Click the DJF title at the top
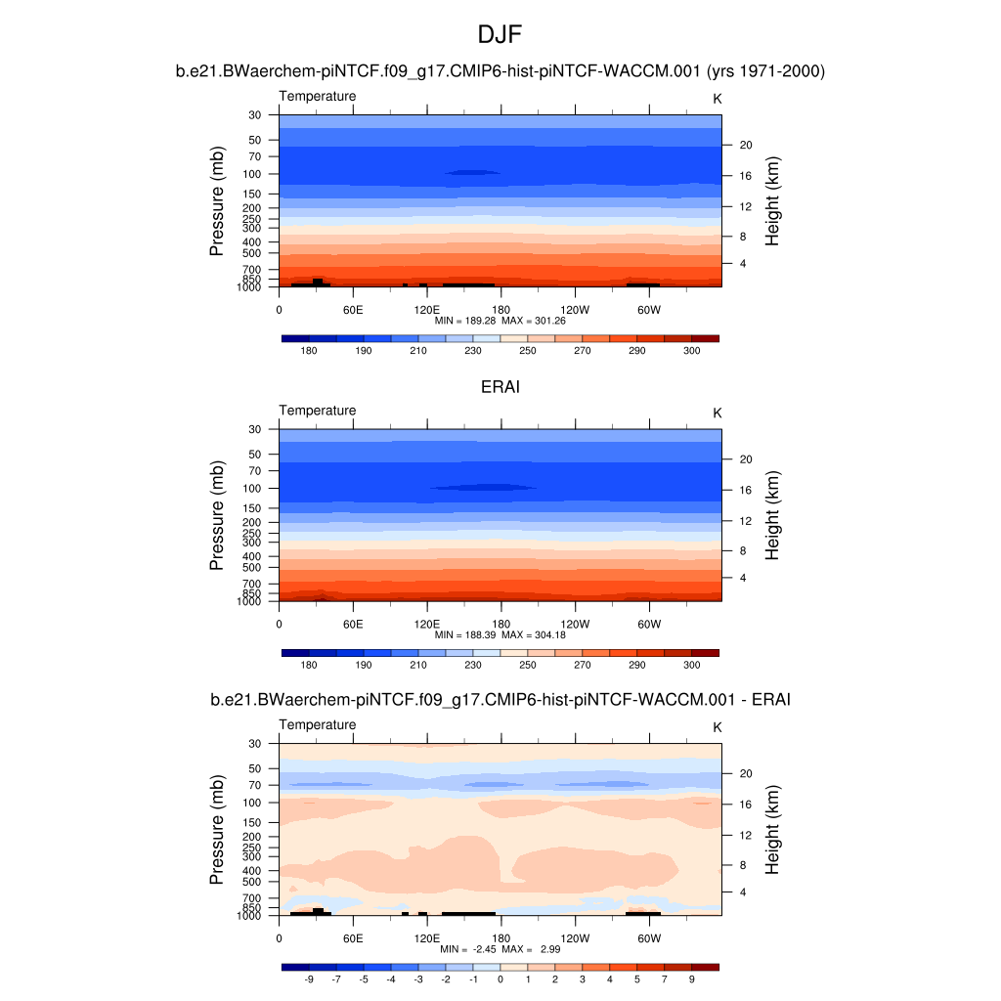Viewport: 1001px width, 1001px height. pos(500,35)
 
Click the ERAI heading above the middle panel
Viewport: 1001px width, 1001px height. pos(500,387)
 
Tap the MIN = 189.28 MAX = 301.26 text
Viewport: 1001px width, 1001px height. pos(500,321)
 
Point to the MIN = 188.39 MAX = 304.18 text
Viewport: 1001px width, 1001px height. pos(500,634)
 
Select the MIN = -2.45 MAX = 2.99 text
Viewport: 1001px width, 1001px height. pos(500,949)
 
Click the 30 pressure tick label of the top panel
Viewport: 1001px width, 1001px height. pos(255,115)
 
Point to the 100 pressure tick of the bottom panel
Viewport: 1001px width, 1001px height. pos(254,803)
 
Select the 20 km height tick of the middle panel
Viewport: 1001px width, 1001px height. pos(744,459)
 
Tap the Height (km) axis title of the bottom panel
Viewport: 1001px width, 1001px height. pos(773,829)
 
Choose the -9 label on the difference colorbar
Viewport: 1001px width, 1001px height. pos(309,979)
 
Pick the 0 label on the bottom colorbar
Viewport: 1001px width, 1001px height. pos(500,979)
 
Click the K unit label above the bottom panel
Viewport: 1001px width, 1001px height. pos(717,727)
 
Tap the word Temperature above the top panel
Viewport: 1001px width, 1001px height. pos(318,96)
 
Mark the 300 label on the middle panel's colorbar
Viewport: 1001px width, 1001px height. pos(691,665)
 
